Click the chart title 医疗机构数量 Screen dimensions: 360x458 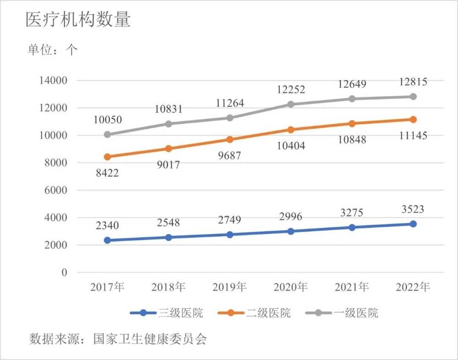(x=78, y=21)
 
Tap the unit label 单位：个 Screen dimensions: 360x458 (x=52, y=50)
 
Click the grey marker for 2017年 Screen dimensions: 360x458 (x=107, y=135)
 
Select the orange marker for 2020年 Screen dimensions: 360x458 (x=291, y=130)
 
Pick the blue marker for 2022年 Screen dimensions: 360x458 (x=413, y=224)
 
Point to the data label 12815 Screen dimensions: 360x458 (x=413, y=82)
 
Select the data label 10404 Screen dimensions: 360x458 (x=291, y=146)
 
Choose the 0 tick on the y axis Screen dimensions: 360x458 (x=64, y=273)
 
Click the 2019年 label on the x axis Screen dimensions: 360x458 (x=229, y=288)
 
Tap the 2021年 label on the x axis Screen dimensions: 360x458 (x=352, y=288)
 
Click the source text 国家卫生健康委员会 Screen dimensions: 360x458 (x=150, y=339)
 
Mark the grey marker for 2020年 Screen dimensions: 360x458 (x=291, y=104)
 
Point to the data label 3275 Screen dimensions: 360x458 (x=352, y=213)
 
